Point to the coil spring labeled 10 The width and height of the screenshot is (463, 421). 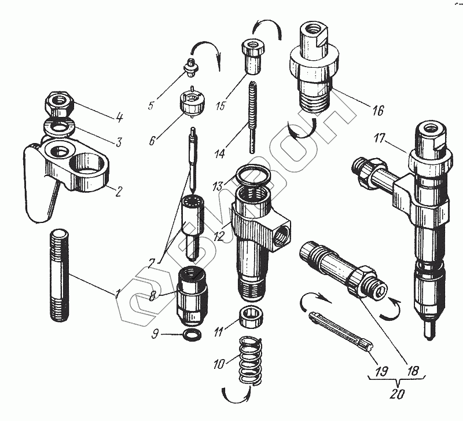(x=249, y=360)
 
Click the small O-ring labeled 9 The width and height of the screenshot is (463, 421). (x=191, y=334)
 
